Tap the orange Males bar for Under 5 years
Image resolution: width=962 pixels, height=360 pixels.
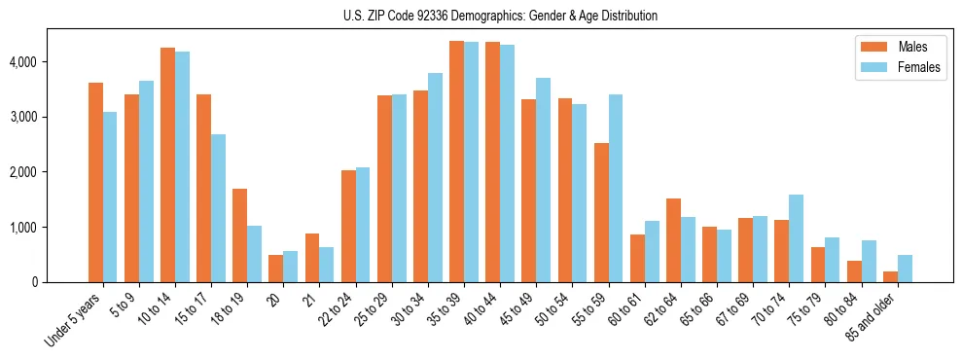pos(95,183)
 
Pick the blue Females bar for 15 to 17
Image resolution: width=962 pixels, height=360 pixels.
pos(219,208)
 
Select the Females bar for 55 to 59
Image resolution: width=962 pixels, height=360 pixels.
pos(616,189)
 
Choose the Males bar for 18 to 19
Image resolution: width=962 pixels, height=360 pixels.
pos(239,235)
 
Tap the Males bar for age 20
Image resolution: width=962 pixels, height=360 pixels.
pos(275,269)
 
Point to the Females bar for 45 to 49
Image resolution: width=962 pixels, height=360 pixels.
pos(543,180)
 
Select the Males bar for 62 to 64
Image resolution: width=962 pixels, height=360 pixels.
pos(673,240)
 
